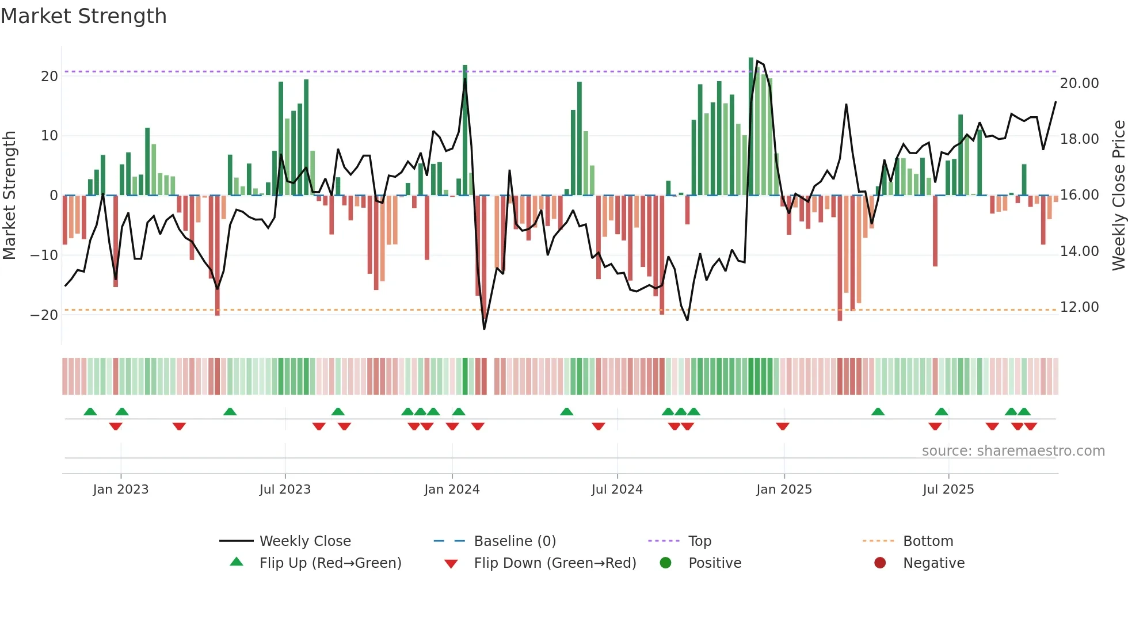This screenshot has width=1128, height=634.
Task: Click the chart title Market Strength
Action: pyautogui.click(x=83, y=16)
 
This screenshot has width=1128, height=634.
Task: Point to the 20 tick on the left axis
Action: pyautogui.click(x=49, y=77)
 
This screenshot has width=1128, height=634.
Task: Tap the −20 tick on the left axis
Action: pyautogui.click(x=44, y=315)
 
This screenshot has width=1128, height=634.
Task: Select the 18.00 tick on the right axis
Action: pyautogui.click(x=1079, y=139)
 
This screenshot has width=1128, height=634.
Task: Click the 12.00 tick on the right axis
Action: pyautogui.click(x=1079, y=307)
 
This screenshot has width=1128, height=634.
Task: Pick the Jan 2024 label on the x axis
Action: pyautogui.click(x=452, y=490)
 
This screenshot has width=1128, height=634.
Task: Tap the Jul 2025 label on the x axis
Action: pyautogui.click(x=948, y=490)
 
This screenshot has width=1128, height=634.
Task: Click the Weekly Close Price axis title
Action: pyautogui.click(x=1118, y=196)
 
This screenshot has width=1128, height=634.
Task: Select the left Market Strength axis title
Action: pyautogui.click(x=9, y=196)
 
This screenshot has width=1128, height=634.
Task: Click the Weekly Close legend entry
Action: pyautogui.click(x=304, y=541)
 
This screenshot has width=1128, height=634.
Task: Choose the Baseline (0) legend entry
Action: pyautogui.click(x=515, y=541)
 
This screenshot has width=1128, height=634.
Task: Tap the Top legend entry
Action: pyautogui.click(x=699, y=541)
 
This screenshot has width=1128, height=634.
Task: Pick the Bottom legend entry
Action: pyautogui.click(x=928, y=541)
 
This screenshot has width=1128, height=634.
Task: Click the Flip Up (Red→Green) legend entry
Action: pyautogui.click(x=330, y=563)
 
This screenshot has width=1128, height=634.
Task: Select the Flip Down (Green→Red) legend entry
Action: pyautogui.click(x=555, y=563)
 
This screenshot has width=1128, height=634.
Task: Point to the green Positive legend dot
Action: pyautogui.click(x=665, y=563)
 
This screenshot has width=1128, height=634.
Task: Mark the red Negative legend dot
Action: pyautogui.click(x=880, y=563)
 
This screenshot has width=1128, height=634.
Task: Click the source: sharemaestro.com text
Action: pyautogui.click(x=1013, y=451)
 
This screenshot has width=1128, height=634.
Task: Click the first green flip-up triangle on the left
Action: pyautogui.click(x=90, y=411)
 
